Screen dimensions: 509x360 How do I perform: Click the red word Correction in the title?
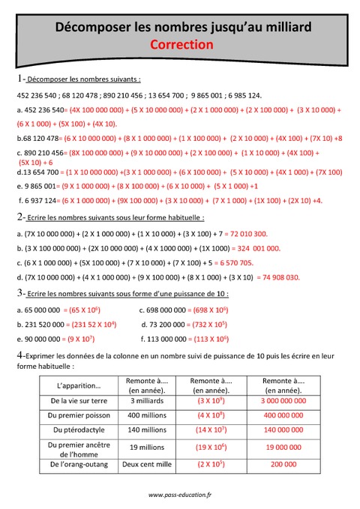(x=181, y=45)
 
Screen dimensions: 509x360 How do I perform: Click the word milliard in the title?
(x=286, y=28)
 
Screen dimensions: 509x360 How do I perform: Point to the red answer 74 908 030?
(x=277, y=277)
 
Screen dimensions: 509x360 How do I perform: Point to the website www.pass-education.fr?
(x=180, y=494)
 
